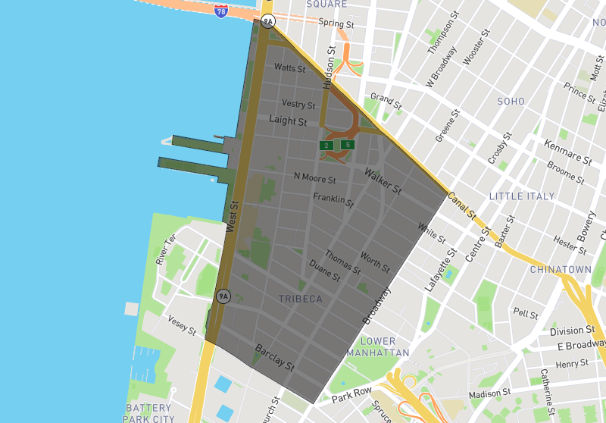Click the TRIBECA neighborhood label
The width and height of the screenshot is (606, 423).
click(300, 299)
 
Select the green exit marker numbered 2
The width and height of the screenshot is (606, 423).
click(326, 145)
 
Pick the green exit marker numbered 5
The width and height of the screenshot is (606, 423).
click(347, 144)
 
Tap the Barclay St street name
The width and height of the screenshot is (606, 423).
click(274, 357)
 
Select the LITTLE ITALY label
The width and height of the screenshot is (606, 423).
click(522, 196)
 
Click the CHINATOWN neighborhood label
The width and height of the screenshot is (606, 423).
click(561, 269)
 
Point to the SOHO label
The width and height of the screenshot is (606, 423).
click(511, 101)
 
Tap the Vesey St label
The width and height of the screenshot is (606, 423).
click(182, 325)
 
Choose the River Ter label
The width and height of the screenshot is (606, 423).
click(165, 249)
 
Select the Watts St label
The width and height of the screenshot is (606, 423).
click(289, 68)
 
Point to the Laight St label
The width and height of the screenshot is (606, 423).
click(288, 121)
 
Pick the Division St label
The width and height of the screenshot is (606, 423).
click(572, 331)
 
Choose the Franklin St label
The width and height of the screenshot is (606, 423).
click(333, 201)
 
